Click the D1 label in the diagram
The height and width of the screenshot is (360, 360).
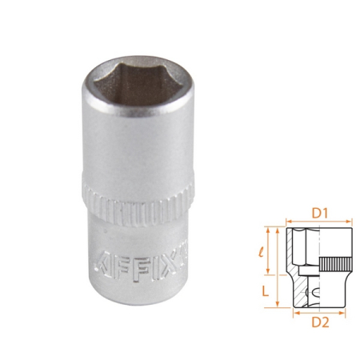319,213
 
